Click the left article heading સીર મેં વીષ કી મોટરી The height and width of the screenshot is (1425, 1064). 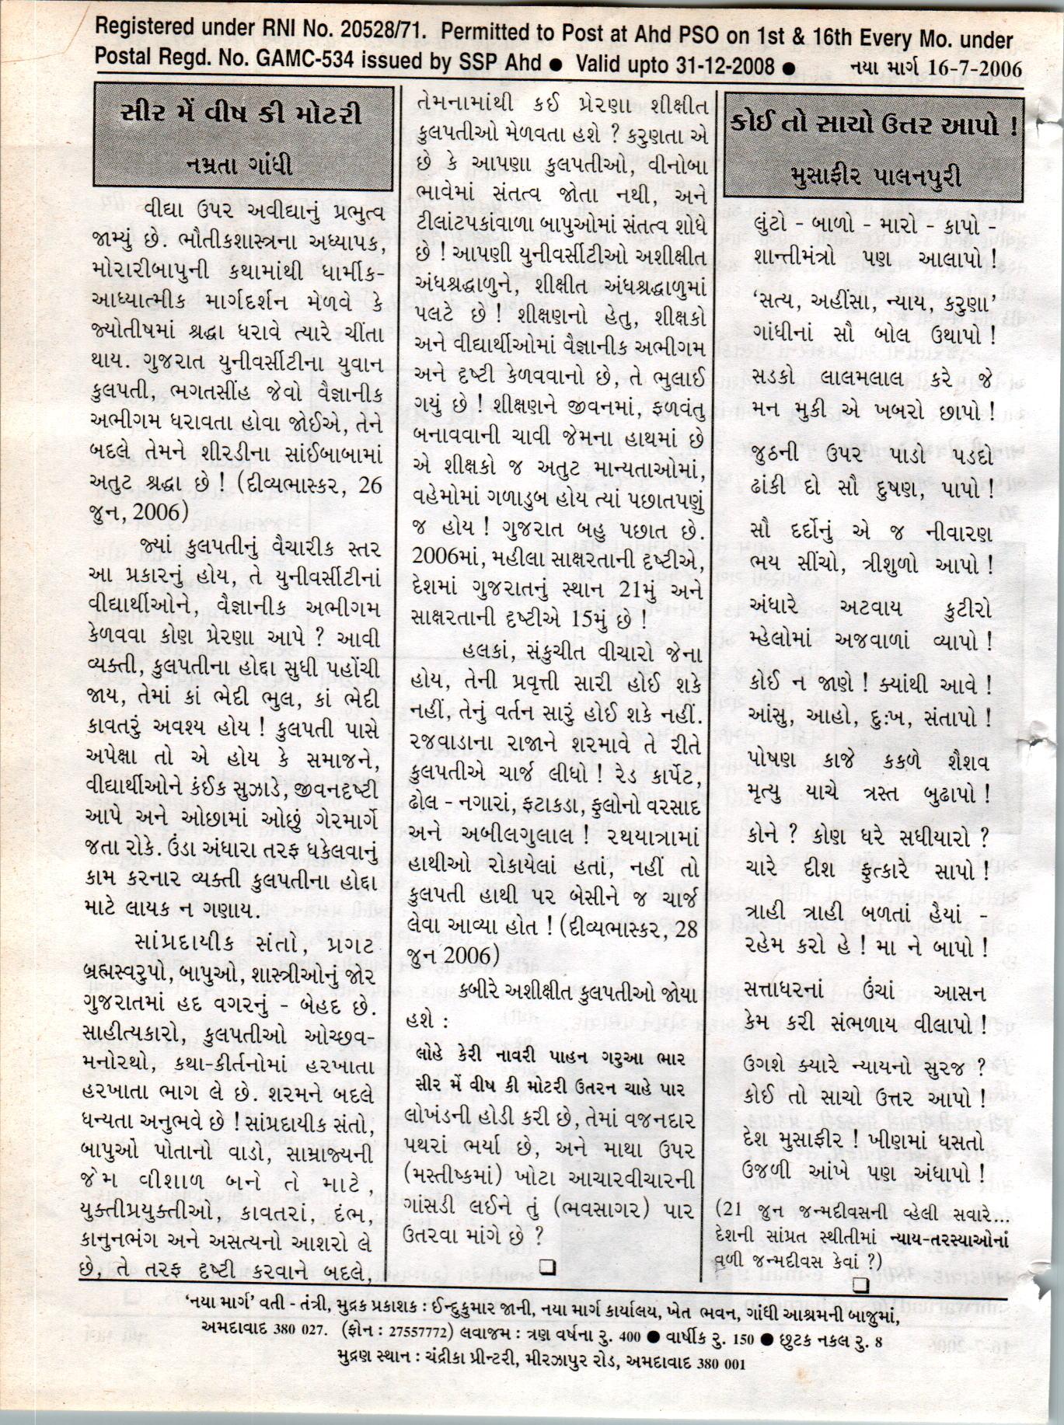tap(242, 114)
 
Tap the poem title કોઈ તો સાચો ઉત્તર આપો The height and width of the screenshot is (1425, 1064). tap(873, 125)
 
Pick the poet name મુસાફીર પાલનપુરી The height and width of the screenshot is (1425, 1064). tap(873, 176)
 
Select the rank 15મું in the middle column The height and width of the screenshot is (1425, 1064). tap(599, 621)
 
